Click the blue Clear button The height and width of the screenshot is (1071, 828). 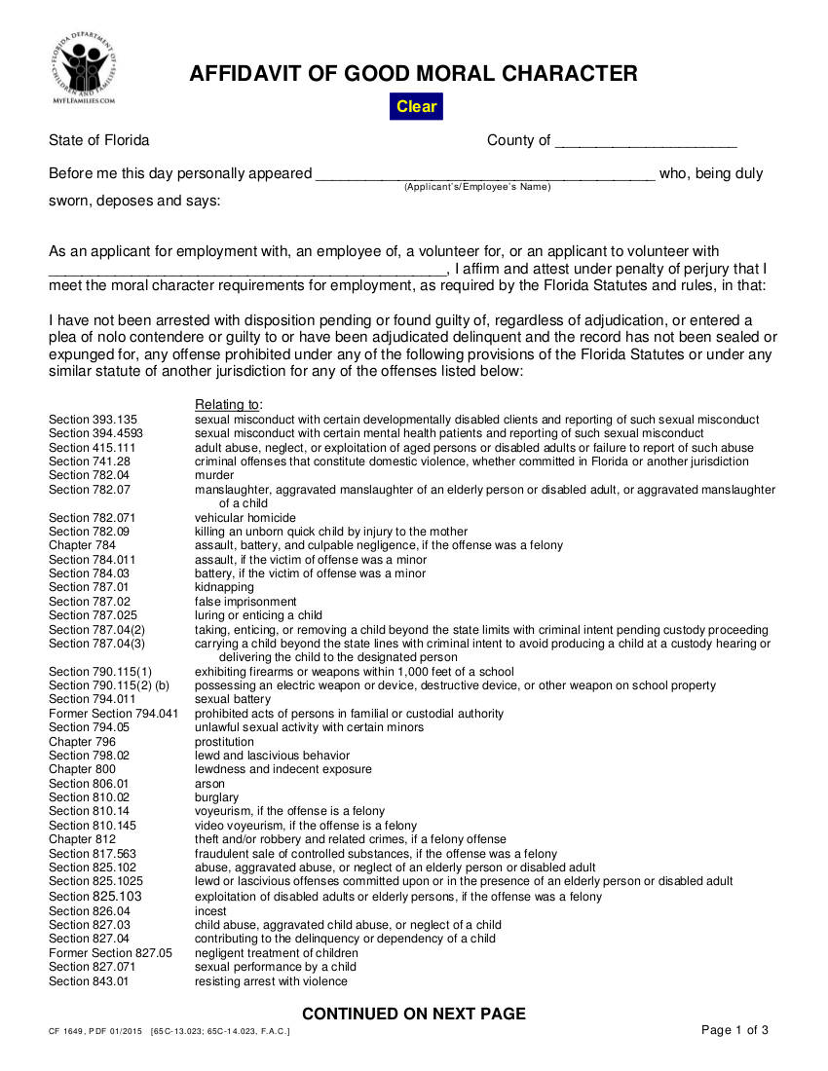(416, 106)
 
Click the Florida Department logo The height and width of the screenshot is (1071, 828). (84, 68)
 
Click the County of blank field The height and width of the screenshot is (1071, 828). (645, 141)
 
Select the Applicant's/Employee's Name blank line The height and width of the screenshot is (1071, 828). (484, 174)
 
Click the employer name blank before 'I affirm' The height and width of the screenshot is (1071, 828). (247, 270)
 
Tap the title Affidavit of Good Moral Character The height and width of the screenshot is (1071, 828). (413, 73)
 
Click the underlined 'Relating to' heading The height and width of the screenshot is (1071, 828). (228, 405)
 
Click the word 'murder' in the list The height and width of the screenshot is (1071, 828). (214, 475)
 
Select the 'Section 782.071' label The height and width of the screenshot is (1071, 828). (93, 518)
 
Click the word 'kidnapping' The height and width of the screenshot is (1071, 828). (224, 587)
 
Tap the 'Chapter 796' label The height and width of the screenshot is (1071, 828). (83, 742)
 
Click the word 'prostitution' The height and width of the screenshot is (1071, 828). (224, 742)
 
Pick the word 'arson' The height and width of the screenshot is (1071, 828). (209, 784)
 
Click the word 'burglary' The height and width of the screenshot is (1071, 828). (216, 797)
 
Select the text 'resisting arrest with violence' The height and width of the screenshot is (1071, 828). (271, 981)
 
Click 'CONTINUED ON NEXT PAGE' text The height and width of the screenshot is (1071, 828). (413, 1014)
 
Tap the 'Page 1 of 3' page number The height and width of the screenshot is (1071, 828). (734, 1030)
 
